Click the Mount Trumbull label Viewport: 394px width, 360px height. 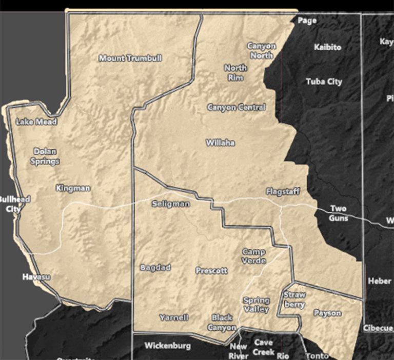(x=130, y=58)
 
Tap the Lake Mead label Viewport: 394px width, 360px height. (x=36, y=122)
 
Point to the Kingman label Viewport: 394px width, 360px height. (x=73, y=188)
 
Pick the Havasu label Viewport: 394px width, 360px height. (x=37, y=277)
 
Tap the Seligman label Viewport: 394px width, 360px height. (x=171, y=204)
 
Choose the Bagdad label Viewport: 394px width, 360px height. (x=155, y=268)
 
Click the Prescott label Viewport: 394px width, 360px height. (x=211, y=271)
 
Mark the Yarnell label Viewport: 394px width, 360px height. (x=173, y=317)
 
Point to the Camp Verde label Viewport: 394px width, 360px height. (x=254, y=256)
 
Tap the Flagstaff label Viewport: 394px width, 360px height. (x=283, y=192)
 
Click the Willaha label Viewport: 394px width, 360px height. (x=220, y=143)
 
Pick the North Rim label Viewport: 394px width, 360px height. (x=235, y=72)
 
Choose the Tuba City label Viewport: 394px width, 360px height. (x=324, y=82)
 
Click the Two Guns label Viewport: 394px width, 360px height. (x=338, y=213)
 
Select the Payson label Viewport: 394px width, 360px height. (x=327, y=313)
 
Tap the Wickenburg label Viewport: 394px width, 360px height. (x=168, y=346)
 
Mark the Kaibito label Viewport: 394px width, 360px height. (x=327, y=47)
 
